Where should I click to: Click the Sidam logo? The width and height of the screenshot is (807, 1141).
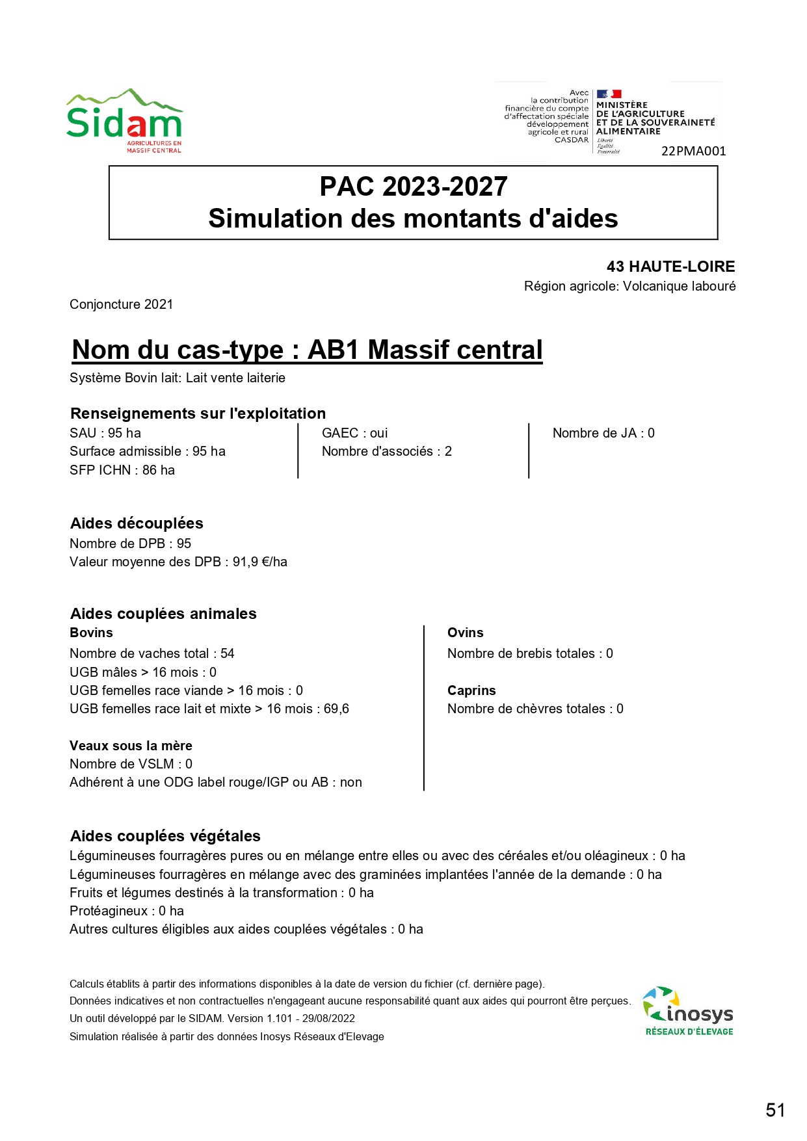tap(124, 122)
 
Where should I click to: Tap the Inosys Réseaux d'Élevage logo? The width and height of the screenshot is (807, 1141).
tap(688, 1012)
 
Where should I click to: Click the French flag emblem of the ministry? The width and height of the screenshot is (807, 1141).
tap(609, 94)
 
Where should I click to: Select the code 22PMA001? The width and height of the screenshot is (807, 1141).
tap(693, 151)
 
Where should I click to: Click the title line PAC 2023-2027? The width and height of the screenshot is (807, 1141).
tap(413, 187)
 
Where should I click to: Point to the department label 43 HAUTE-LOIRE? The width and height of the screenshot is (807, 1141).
tap(670, 267)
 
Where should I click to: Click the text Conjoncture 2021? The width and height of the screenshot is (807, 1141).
tap(121, 304)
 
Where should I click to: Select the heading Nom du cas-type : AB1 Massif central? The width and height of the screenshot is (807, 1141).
tap(307, 350)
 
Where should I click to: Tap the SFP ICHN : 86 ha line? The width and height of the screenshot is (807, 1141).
tap(122, 470)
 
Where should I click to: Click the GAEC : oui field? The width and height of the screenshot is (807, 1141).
tap(354, 433)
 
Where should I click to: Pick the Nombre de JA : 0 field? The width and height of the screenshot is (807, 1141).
tap(603, 433)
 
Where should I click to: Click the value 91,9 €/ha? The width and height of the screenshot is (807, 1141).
tap(260, 562)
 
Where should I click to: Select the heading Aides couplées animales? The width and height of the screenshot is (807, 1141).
tap(163, 614)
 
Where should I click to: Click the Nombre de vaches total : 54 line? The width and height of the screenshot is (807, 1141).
tap(152, 653)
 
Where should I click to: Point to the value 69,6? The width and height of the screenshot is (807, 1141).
tap(336, 709)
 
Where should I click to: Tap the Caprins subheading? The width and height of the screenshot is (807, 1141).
tap(471, 690)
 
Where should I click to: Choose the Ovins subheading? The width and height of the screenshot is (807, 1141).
tap(466, 633)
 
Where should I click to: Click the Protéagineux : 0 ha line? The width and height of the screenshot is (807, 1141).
tap(127, 911)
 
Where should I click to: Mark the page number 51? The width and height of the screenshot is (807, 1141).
tap(775, 1110)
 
